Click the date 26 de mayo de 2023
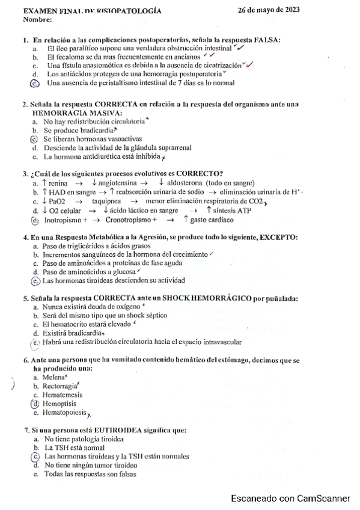point(269,11)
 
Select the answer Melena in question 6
point(55,377)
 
